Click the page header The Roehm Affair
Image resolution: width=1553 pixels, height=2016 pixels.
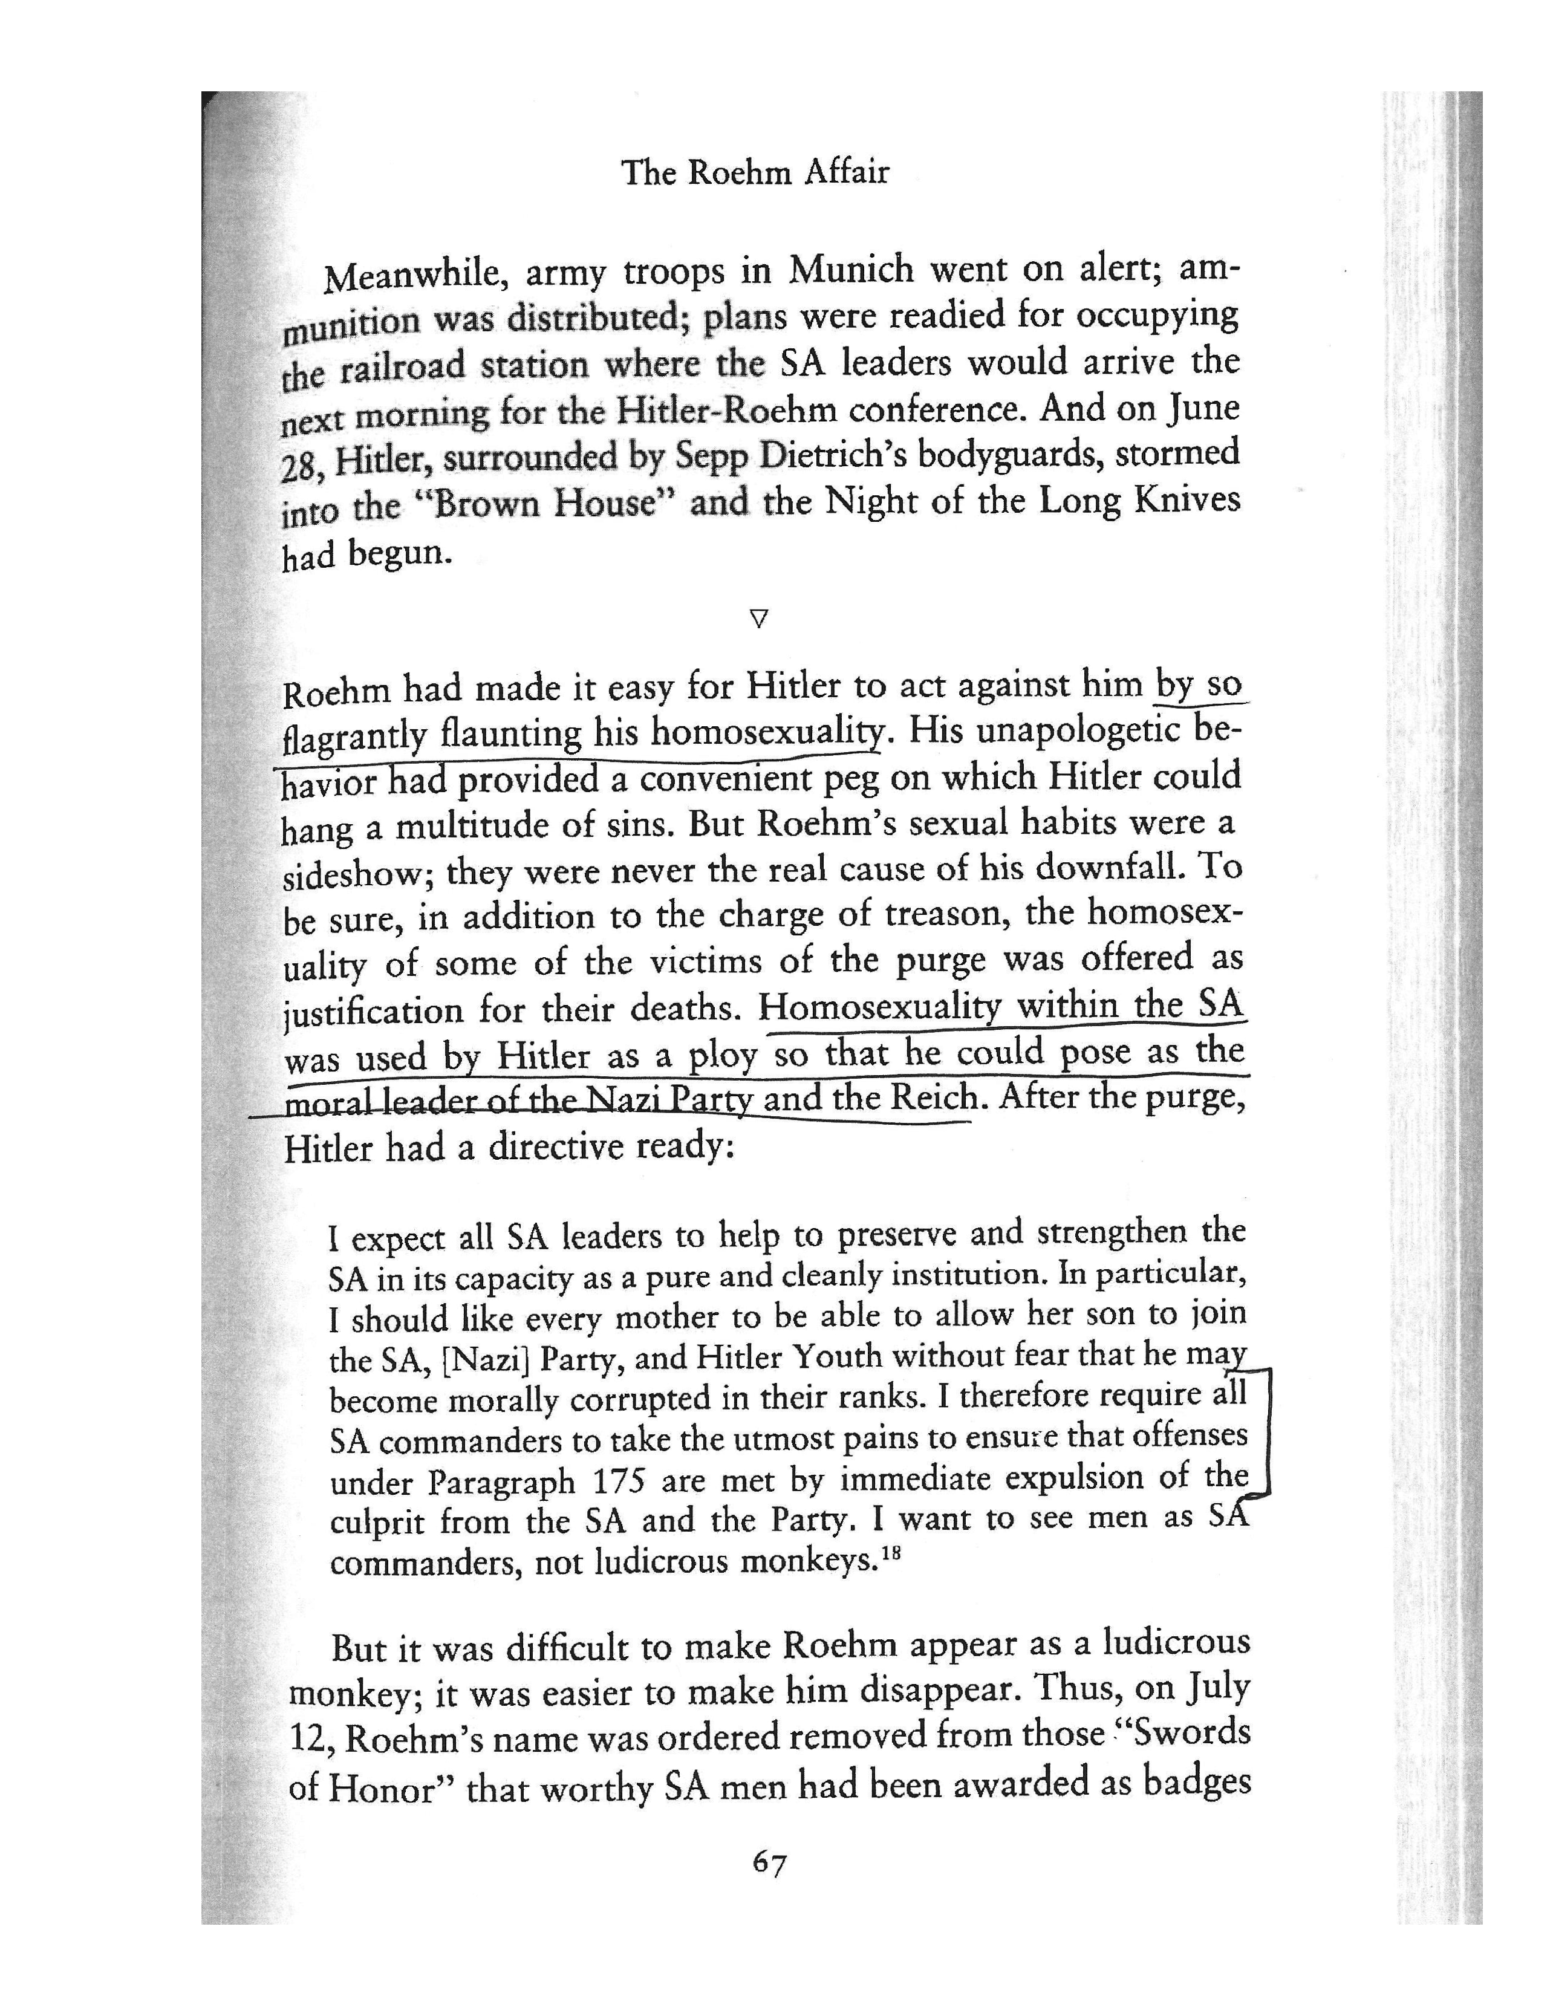click(754, 172)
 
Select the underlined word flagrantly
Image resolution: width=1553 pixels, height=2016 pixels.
click(354, 736)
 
